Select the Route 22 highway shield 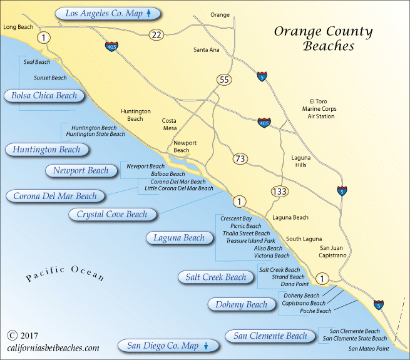156,35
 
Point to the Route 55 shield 223,80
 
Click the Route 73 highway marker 240,158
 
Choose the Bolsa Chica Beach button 44,96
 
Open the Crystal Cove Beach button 112,214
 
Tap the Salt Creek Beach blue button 216,277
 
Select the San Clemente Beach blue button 270,336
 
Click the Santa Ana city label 207,49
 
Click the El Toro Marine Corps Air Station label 319,108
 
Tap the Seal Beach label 37,63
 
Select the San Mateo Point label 369,348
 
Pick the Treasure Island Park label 250,240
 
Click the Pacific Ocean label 65,277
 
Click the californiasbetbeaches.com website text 53,347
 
